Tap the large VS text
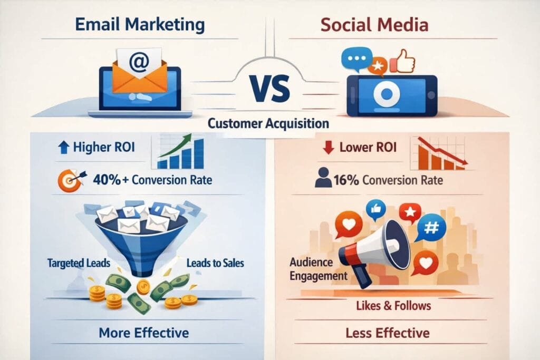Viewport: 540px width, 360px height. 270,89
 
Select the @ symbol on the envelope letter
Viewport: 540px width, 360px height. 139,62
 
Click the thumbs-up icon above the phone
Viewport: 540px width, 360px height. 404,60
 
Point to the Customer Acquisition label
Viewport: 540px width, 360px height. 268,124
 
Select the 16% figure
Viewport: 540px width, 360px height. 346,180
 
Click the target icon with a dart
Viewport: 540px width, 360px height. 69,180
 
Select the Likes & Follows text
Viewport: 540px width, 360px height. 393,306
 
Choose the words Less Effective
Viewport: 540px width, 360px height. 388,333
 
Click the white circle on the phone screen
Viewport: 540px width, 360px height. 388,94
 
